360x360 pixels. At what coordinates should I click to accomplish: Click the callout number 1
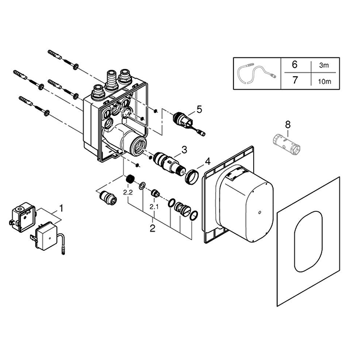tap(59, 209)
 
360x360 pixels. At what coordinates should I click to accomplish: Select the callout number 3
tap(185, 149)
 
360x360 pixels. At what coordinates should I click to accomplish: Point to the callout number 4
tap(208, 161)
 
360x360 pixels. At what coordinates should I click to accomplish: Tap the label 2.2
tap(127, 193)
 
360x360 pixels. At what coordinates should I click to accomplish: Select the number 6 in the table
tap(294, 64)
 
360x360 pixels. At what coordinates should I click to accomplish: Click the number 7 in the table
tap(294, 79)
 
